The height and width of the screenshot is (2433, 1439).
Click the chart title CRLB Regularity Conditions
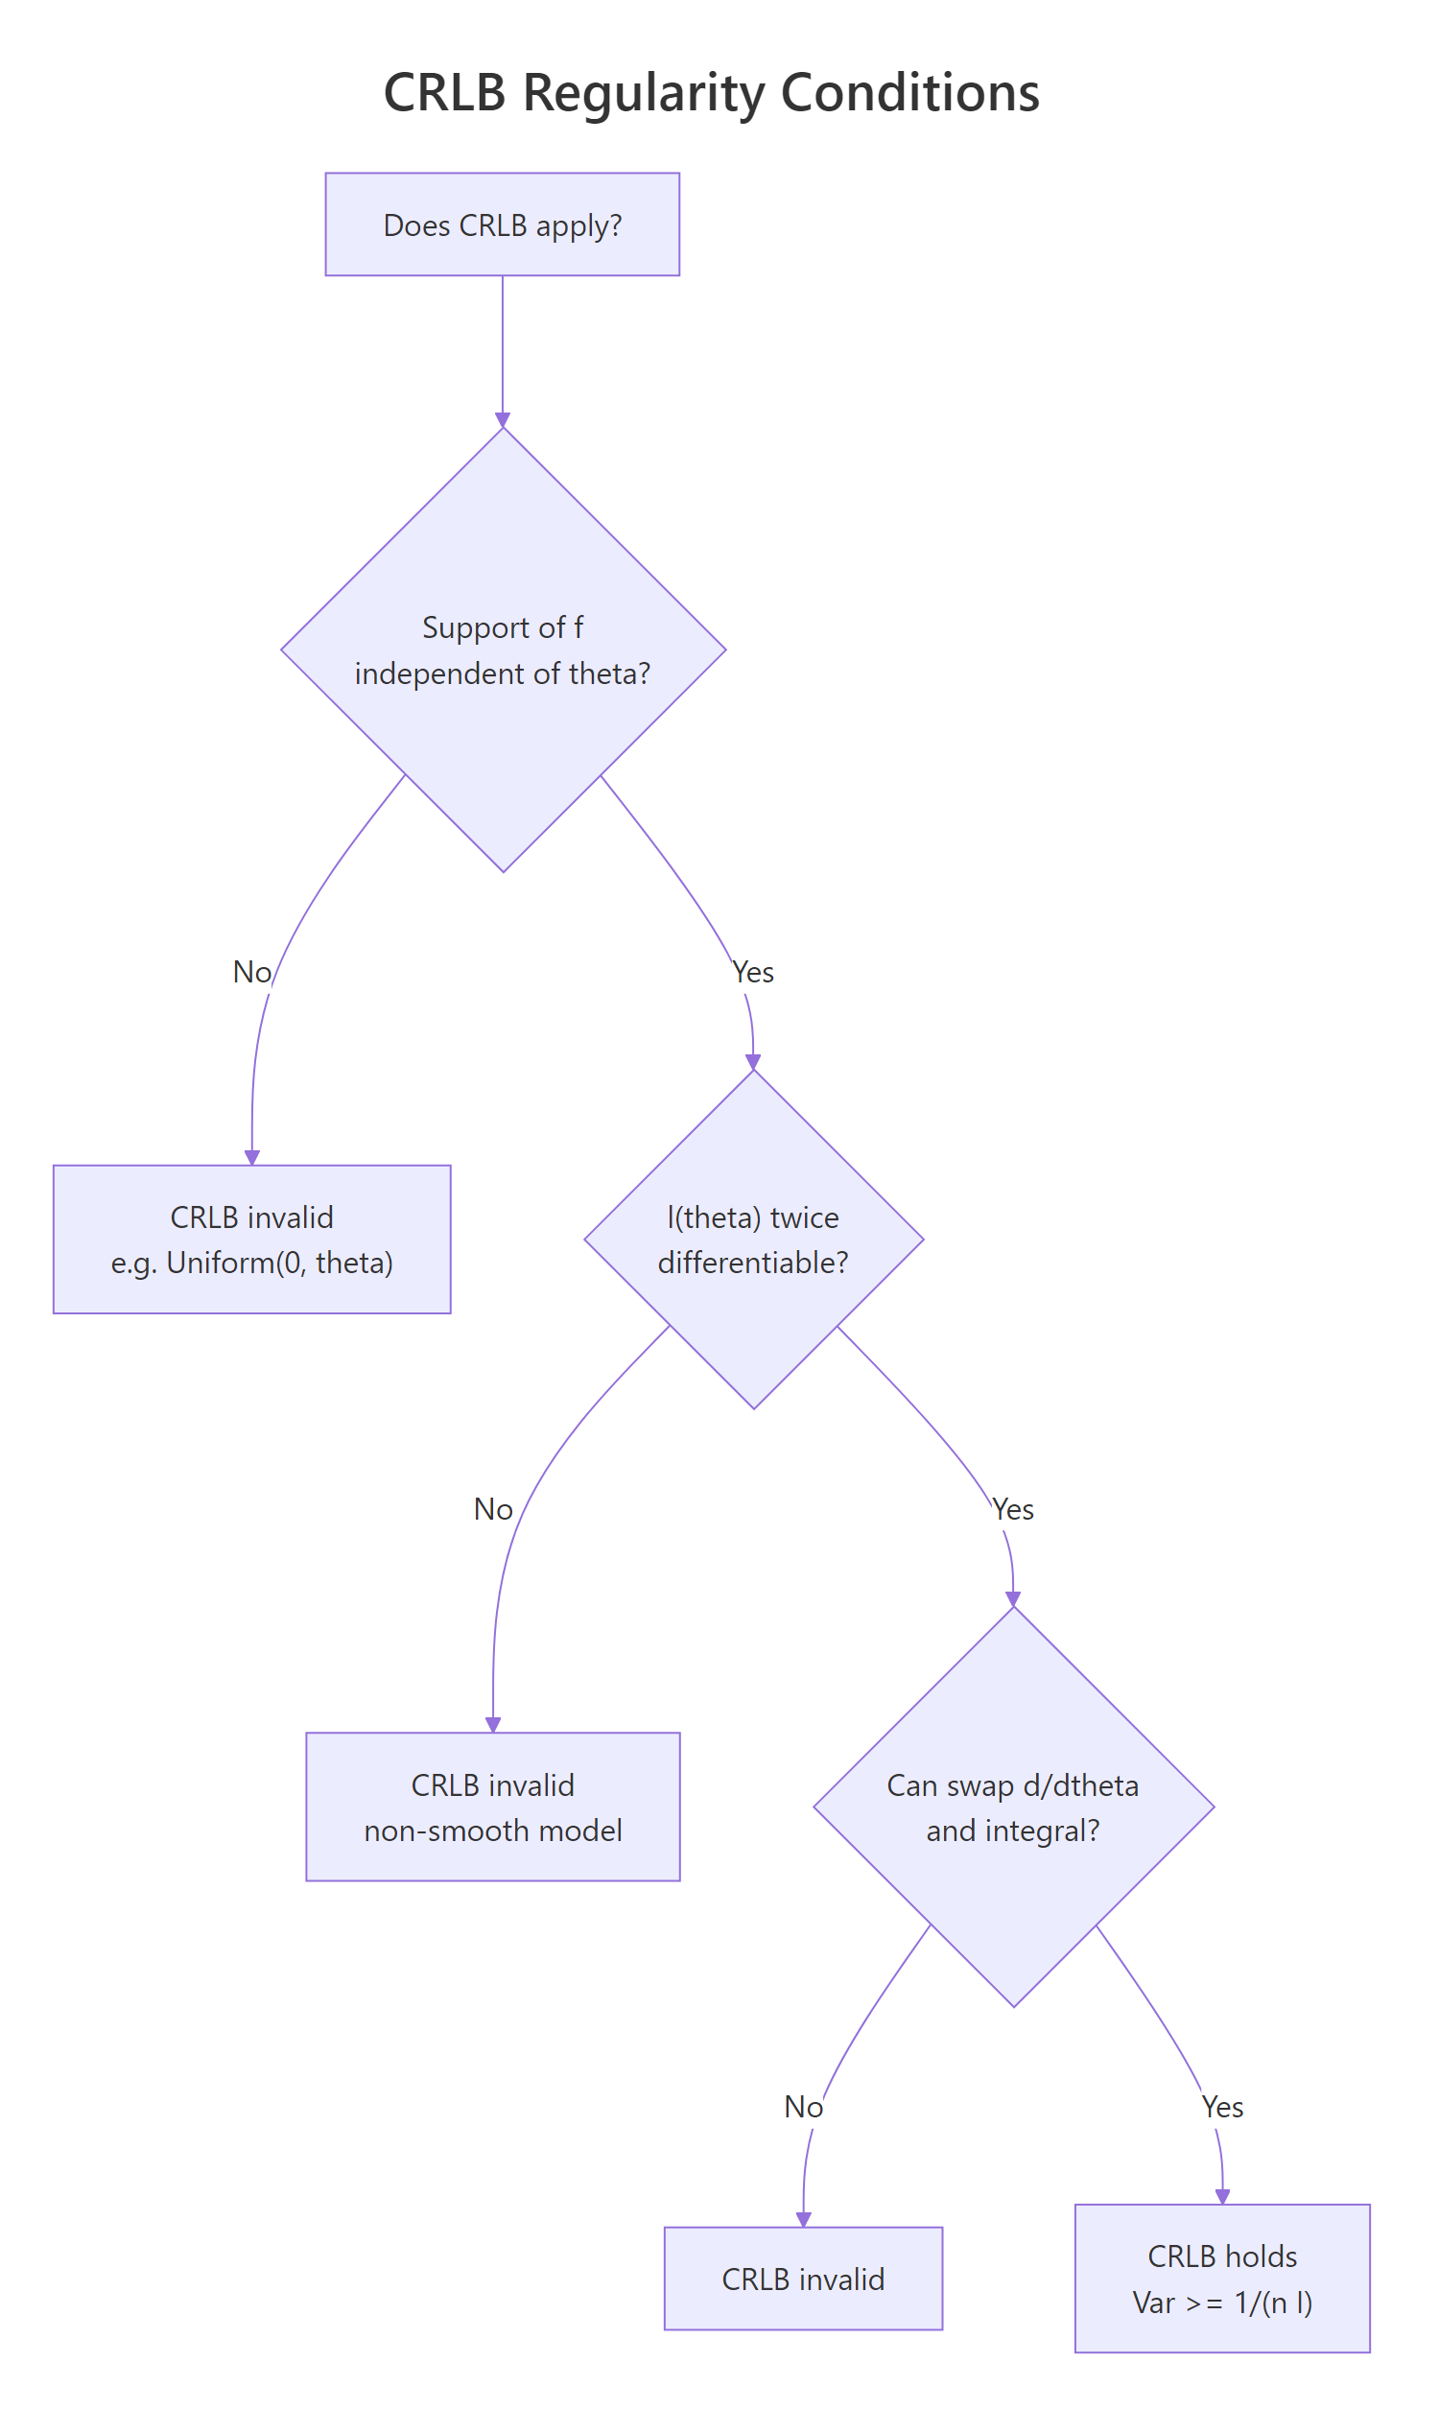[711, 93]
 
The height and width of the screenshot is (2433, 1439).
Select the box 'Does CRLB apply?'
[503, 224]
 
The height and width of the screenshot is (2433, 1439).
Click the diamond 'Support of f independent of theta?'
[503, 650]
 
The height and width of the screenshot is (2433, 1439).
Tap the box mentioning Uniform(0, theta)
[252, 1240]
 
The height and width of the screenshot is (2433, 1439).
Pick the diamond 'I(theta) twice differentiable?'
[753, 1240]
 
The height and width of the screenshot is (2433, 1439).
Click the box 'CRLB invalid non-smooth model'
[492, 1807]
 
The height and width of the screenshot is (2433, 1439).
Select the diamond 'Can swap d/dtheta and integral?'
[1013, 1807]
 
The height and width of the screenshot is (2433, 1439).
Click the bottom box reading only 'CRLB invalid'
[803, 2279]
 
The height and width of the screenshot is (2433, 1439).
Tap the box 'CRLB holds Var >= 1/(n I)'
[1222, 2279]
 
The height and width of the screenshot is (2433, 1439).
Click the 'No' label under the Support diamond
[252, 972]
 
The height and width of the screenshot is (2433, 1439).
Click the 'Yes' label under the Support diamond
[753, 972]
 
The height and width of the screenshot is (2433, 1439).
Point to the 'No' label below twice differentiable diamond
[492, 1509]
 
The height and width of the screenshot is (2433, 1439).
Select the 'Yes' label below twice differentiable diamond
[1013, 1509]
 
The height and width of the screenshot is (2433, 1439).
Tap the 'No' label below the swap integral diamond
[803, 2106]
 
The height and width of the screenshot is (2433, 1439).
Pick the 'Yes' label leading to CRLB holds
[1222, 2106]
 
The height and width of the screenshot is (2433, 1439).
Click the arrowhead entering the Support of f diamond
[503, 420]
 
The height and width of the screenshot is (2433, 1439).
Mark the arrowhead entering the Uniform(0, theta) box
[252, 1158]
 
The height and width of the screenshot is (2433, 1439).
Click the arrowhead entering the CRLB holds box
[1222, 2197]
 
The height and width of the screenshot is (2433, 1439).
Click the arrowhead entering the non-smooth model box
[492, 1725]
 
